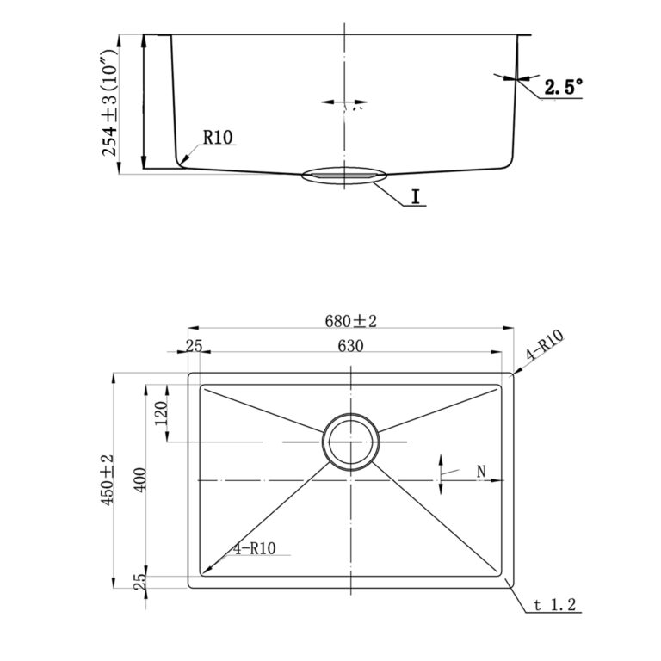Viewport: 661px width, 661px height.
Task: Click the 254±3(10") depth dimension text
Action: (109, 103)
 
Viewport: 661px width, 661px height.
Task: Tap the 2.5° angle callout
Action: (563, 87)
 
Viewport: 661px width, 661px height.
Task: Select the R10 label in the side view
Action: (218, 137)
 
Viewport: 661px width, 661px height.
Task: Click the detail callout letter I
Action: (416, 197)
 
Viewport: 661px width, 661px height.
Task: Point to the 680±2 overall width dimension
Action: (350, 321)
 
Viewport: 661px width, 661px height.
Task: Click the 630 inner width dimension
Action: (350, 346)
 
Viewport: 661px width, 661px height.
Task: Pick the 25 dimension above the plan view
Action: (194, 346)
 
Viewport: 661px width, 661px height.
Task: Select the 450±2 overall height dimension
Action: (108, 479)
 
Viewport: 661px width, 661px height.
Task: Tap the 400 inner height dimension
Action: (140, 479)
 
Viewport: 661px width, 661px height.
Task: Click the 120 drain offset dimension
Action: (161, 413)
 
